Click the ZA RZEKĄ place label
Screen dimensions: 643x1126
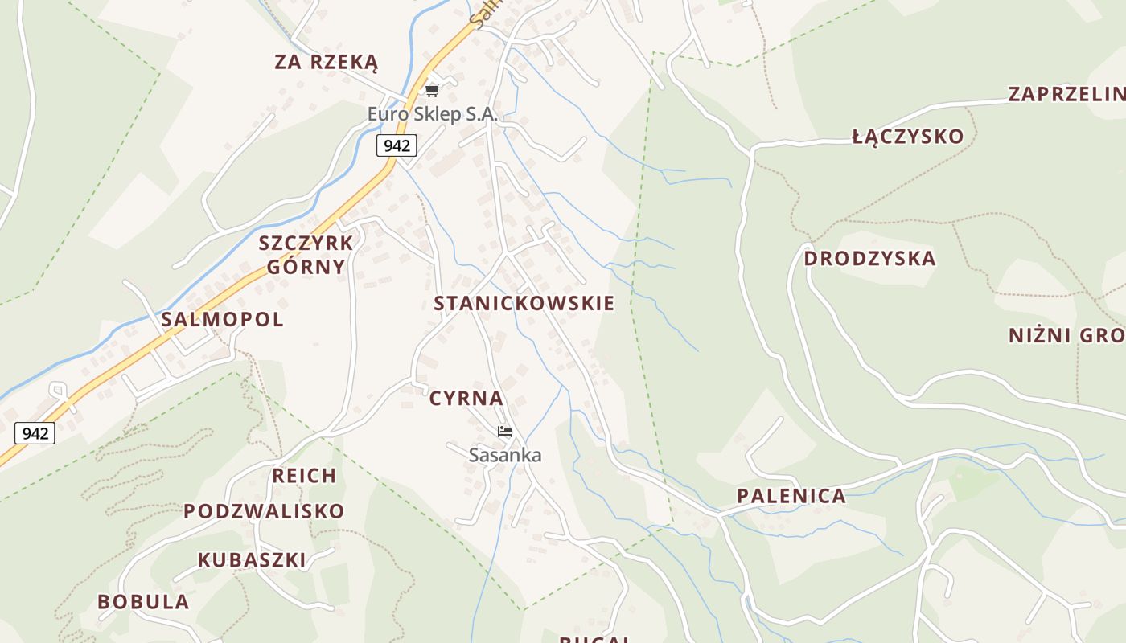pos(326,63)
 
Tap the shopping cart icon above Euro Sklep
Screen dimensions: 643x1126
pos(433,90)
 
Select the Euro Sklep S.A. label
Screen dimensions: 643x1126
pos(433,114)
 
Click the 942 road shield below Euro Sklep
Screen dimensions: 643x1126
pos(397,145)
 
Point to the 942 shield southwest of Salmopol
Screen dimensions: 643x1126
pos(35,434)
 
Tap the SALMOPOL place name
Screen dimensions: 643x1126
pos(222,319)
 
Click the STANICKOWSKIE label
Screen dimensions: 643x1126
pos(524,304)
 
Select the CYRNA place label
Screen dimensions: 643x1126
pos(466,399)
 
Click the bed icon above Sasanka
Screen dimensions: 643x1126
pos(505,432)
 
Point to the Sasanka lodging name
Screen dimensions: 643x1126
pos(505,455)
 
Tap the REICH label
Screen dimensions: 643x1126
pos(304,476)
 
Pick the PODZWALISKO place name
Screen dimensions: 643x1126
pos(264,511)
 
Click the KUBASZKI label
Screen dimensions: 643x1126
pos(252,560)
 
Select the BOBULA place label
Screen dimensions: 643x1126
pos(143,602)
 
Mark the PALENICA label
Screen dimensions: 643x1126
pos(791,496)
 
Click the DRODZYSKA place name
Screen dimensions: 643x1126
pos(869,259)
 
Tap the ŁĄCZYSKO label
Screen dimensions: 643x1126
pos(907,137)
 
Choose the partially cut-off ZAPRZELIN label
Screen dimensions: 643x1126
pos(1066,94)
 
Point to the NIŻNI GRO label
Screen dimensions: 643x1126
pos(1066,335)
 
